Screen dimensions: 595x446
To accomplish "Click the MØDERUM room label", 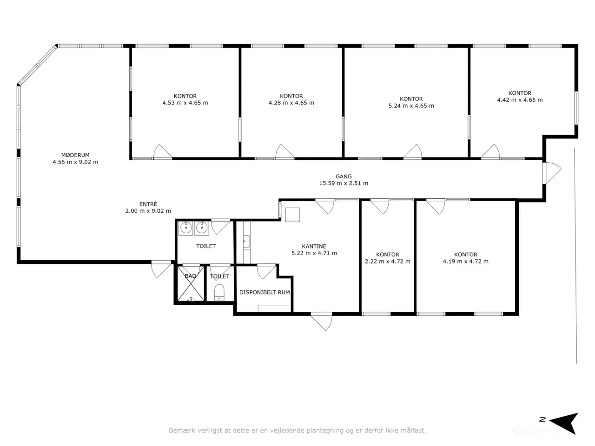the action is click(x=75, y=155).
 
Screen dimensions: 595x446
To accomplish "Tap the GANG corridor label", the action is click(x=344, y=177).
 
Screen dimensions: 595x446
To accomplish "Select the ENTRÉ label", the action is click(x=148, y=204).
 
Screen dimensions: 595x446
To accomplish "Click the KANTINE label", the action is click(x=314, y=246).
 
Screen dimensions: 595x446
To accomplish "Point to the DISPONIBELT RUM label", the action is click(x=264, y=293).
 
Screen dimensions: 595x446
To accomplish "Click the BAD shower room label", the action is click(x=190, y=276).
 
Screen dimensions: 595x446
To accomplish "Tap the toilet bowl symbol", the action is click(x=219, y=293).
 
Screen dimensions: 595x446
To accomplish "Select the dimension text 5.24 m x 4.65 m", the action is click(x=411, y=106).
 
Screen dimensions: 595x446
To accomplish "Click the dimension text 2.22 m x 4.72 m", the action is click(x=388, y=262).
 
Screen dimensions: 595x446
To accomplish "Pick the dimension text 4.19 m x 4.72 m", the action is click(x=466, y=262).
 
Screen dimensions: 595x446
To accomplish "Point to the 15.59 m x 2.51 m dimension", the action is click(x=344, y=184).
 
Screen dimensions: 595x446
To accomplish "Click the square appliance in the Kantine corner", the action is click(x=292, y=215).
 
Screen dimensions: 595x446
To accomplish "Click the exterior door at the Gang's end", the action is click(x=552, y=173).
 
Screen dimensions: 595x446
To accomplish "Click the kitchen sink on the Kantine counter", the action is click(x=246, y=241).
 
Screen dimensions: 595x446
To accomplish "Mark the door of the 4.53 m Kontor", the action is click(x=163, y=151).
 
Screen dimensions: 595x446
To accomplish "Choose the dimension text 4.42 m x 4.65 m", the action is click(x=520, y=100).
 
